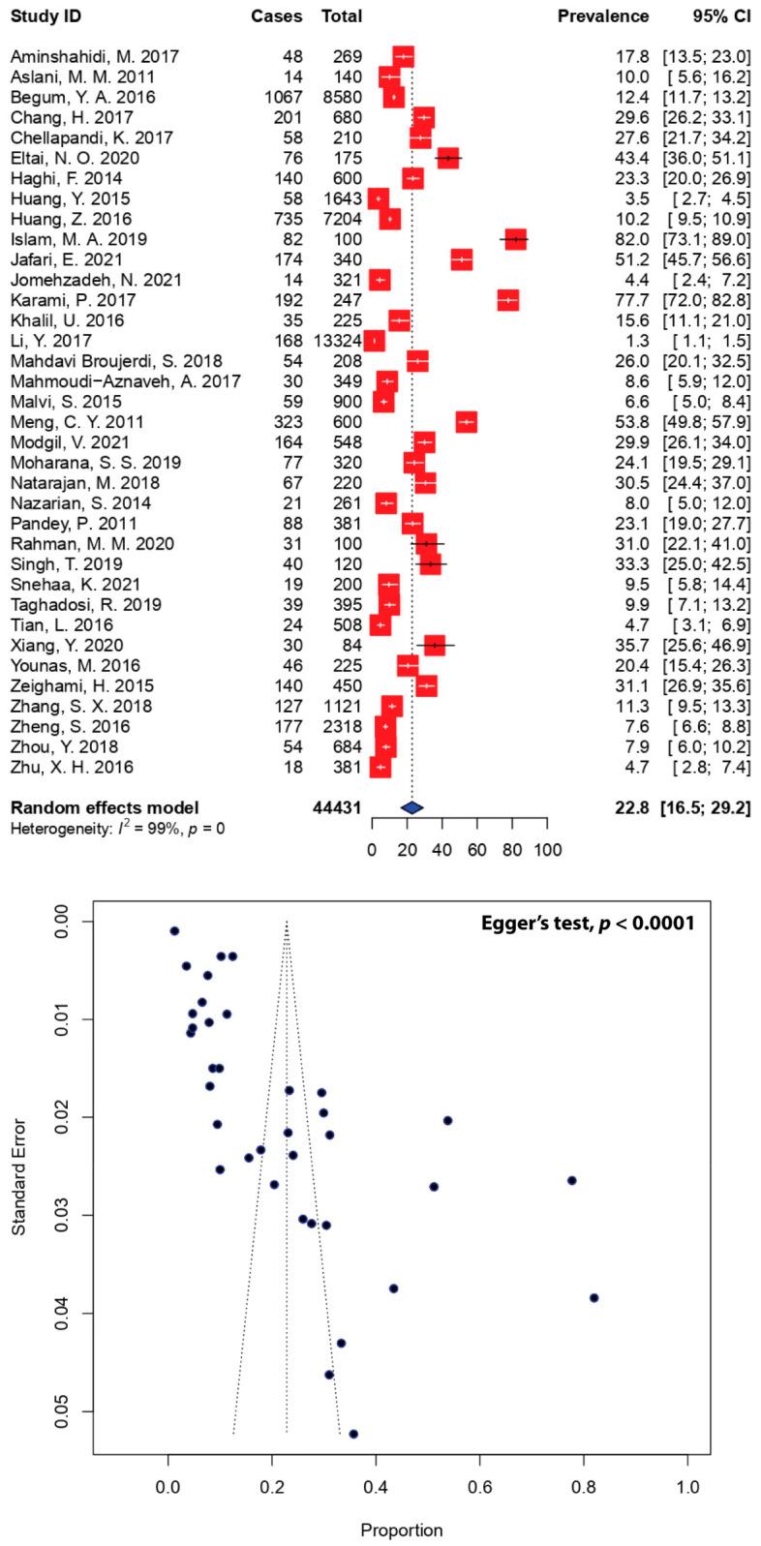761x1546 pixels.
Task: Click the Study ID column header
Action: click(x=46, y=16)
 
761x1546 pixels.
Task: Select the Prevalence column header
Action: click(x=602, y=16)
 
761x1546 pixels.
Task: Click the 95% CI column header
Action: click(x=715, y=16)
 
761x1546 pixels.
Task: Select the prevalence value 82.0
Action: click(x=633, y=240)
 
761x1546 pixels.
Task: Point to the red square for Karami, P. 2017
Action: click(x=507, y=300)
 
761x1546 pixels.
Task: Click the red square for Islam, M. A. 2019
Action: click(x=515, y=240)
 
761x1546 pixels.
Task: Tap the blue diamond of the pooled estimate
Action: click(x=412, y=807)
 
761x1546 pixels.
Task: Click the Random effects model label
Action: click(x=104, y=807)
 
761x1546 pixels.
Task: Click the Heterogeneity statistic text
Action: click(x=117, y=829)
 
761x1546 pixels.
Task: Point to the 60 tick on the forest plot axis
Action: click(x=477, y=851)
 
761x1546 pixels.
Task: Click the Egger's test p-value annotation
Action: click(x=588, y=923)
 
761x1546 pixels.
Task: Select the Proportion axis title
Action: click(x=402, y=1531)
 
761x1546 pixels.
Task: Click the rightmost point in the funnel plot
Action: click(x=594, y=1297)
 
